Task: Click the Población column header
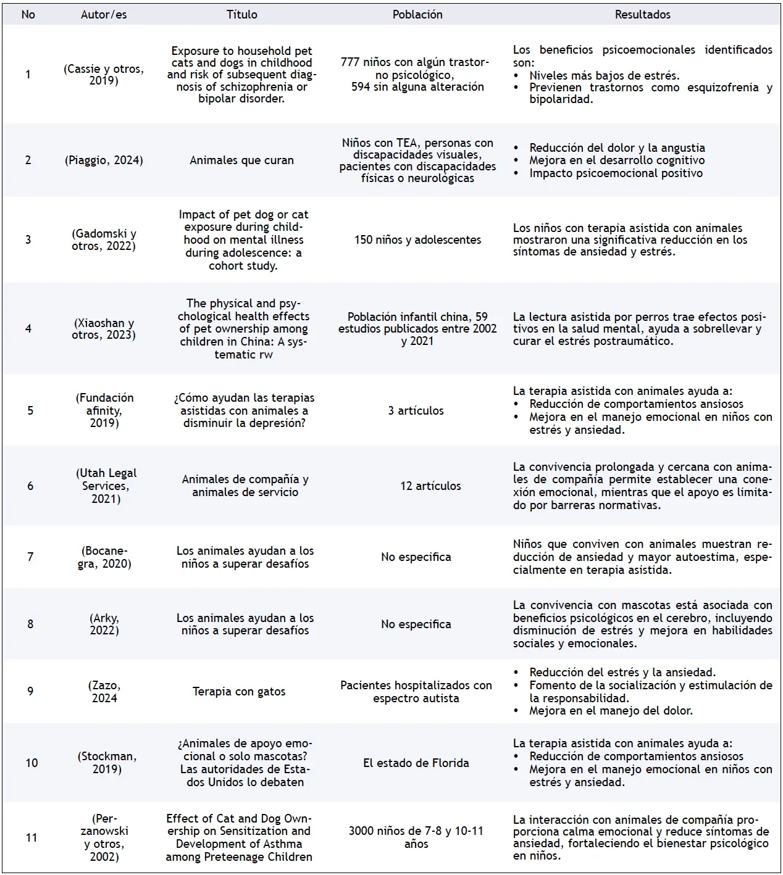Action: click(417, 15)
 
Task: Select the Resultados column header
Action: click(642, 15)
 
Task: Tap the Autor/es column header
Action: click(104, 15)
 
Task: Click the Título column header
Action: click(241, 15)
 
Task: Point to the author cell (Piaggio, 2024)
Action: click(104, 160)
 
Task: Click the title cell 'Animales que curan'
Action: click(241, 160)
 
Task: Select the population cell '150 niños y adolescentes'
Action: click(417, 240)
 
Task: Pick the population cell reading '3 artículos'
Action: click(416, 411)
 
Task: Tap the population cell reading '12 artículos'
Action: click(430, 486)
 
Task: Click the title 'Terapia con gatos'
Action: click(239, 692)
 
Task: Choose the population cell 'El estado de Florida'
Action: click(416, 763)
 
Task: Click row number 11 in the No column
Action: click(31, 837)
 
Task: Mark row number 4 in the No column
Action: click(28, 329)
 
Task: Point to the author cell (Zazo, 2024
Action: click(104, 692)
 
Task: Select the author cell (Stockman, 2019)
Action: click(107, 763)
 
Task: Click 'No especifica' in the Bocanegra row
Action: click(416, 557)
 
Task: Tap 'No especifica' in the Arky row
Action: click(416, 624)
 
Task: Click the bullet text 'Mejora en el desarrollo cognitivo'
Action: click(616, 160)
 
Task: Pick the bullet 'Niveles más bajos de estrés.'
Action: click(604, 76)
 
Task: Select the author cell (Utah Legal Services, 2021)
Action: click(106, 486)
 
